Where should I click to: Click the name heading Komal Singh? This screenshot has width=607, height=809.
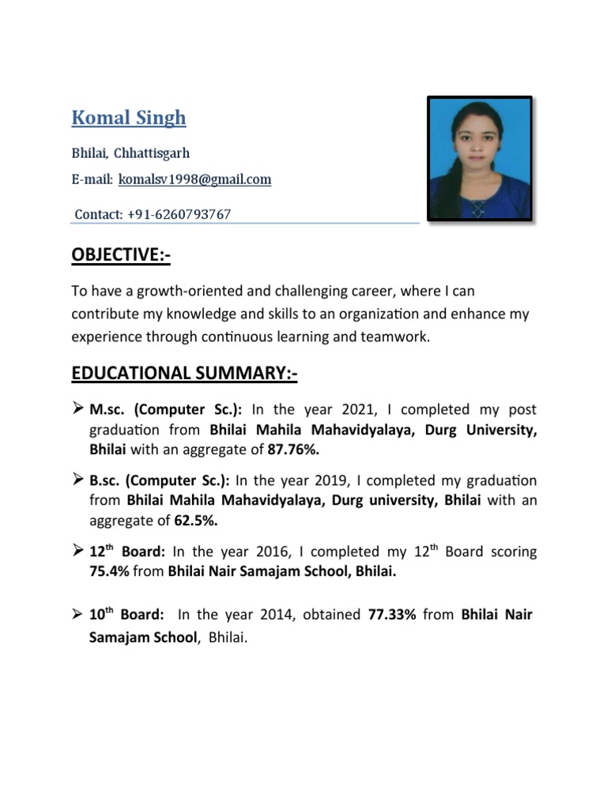[129, 119]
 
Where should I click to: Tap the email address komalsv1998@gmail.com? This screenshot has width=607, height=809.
[194, 180]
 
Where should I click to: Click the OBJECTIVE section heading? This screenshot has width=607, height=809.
[121, 256]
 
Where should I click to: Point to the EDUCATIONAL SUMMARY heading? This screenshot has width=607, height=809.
[184, 373]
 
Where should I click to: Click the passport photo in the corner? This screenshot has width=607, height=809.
[479, 158]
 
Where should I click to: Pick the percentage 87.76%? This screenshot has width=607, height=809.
[294, 450]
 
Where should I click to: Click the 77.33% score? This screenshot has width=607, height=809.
[392, 615]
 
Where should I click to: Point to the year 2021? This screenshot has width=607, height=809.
[360, 410]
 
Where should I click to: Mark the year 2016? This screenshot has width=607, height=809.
[268, 552]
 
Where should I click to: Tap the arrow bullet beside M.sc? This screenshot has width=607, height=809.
[78, 409]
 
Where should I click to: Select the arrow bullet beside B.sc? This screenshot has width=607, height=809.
[78, 480]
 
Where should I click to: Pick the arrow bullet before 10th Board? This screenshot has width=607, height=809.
[78, 614]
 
